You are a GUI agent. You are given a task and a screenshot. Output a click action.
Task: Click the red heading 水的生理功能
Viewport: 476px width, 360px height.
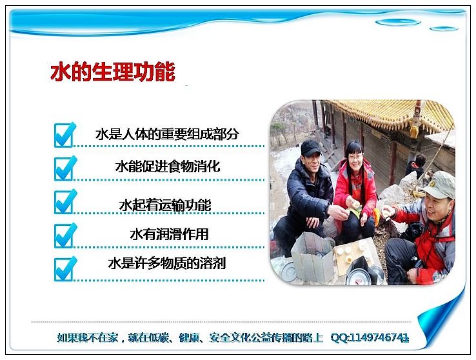(113, 72)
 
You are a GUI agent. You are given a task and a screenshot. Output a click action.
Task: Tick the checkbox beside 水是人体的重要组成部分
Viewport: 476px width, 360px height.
(64, 135)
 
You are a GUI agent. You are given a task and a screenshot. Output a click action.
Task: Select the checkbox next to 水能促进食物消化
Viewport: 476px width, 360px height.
(64, 168)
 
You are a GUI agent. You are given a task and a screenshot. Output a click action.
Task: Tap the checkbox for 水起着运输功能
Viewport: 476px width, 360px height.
(64, 202)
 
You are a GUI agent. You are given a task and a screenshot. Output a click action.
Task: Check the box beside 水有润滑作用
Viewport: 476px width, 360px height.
(64, 235)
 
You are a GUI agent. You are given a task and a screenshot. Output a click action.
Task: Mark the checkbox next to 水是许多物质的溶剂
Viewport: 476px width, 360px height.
(64, 269)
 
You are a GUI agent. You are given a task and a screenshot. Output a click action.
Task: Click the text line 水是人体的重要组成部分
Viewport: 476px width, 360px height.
(167, 134)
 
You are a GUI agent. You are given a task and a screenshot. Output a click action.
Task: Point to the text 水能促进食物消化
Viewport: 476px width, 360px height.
(168, 166)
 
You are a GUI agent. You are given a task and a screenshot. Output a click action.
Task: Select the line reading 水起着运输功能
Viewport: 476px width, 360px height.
(165, 205)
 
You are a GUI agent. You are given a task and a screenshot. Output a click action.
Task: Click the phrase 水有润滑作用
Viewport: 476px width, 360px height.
(169, 234)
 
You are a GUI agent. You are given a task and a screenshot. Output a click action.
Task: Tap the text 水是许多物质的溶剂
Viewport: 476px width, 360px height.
(167, 263)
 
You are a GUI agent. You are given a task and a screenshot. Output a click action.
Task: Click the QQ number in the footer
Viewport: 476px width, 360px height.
(370, 337)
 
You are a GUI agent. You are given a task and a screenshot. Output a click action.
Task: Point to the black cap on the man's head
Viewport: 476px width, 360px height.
(310, 148)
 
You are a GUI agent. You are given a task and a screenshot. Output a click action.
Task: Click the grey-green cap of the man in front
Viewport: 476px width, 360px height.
(439, 185)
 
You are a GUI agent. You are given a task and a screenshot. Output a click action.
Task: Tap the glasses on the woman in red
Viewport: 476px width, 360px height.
(356, 157)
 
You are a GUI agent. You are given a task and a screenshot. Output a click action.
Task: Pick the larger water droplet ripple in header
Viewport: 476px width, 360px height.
(398, 22)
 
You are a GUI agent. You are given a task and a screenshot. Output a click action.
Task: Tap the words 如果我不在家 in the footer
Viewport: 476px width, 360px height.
(87, 338)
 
